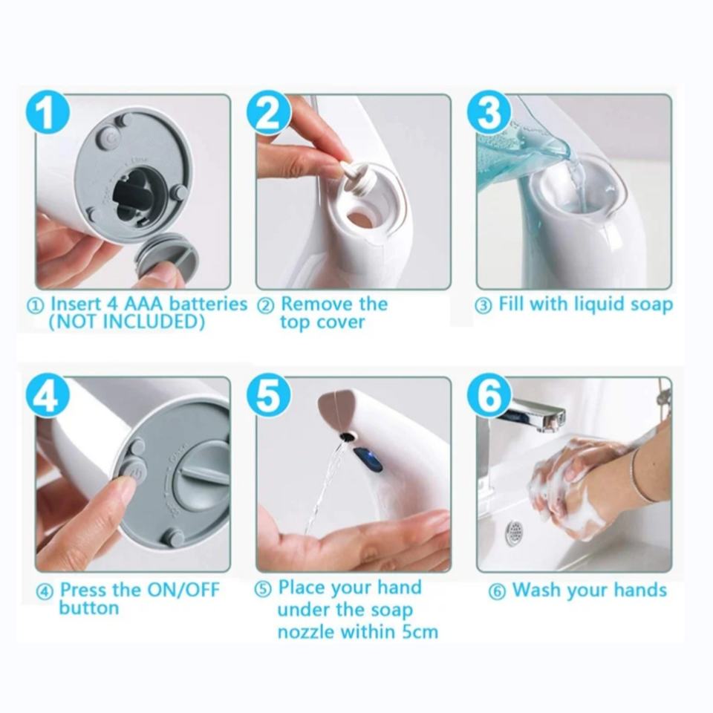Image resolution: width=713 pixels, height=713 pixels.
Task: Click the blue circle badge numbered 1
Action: pos(47,112)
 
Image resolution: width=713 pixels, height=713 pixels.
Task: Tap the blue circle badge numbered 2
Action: pos(269,112)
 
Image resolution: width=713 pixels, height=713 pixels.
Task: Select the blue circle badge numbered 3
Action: pos(489,112)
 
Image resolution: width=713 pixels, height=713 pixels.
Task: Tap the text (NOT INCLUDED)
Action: pos(126,322)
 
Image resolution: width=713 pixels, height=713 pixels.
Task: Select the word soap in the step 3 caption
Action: pos(651,305)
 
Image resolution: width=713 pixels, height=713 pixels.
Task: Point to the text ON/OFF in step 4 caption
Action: pos(183,590)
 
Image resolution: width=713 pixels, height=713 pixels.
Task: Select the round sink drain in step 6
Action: pos(514,532)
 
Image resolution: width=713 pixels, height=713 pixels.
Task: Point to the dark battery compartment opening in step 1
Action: pos(137,192)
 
